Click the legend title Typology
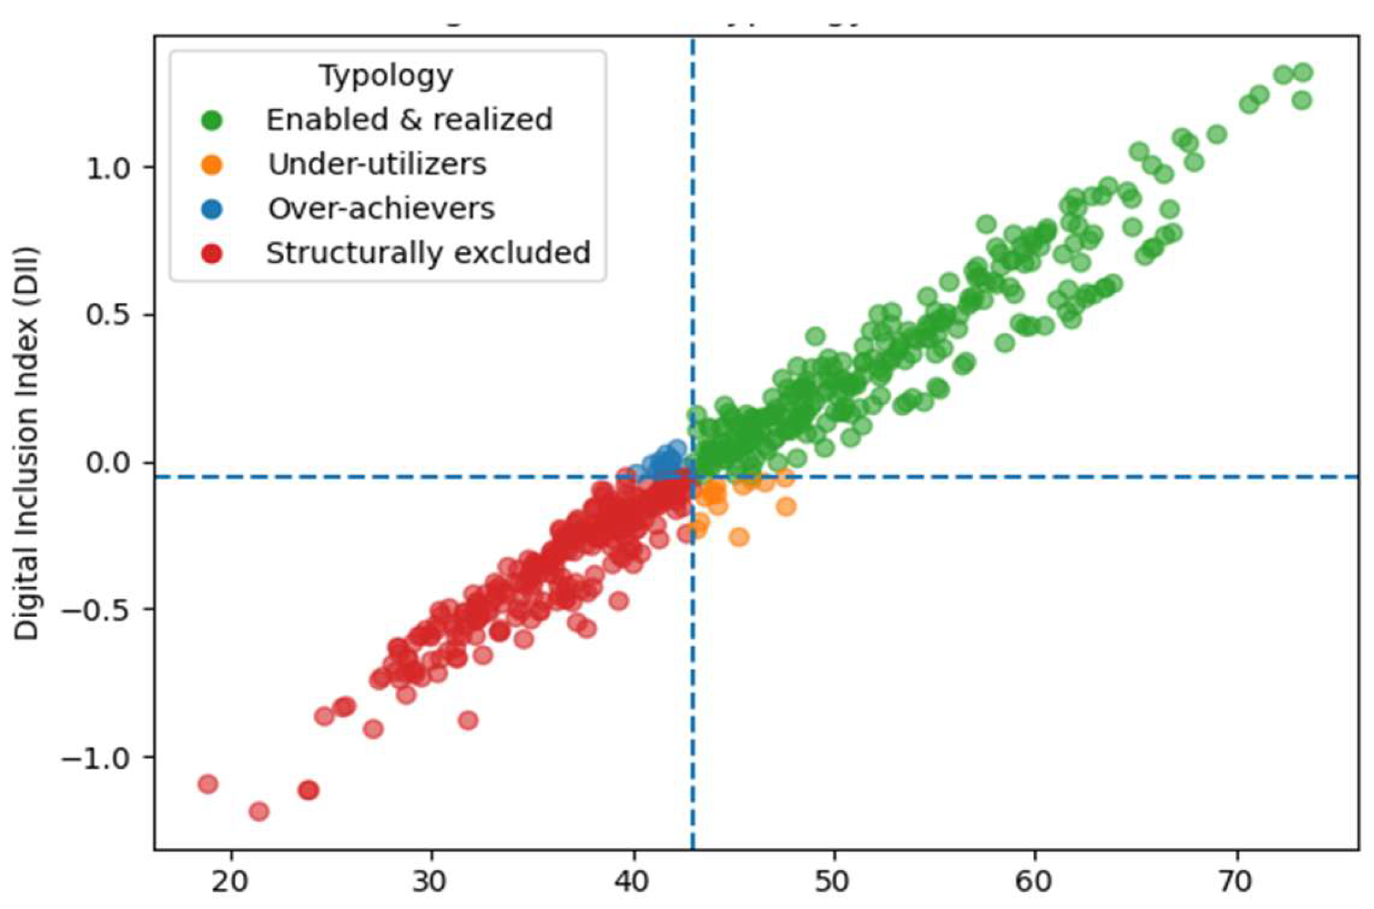pyautogui.click(x=386, y=76)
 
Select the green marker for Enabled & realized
pyautogui.click(x=212, y=120)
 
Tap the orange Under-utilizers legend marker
pyautogui.click(x=212, y=165)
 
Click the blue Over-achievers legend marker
pyautogui.click(x=212, y=209)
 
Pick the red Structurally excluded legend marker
pyautogui.click(x=212, y=254)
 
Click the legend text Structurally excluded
pyautogui.click(x=427, y=253)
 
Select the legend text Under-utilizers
pyautogui.click(x=377, y=165)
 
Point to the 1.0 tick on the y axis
pyautogui.click(x=109, y=168)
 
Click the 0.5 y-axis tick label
pyautogui.click(x=109, y=316)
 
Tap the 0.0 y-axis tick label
pyautogui.click(x=109, y=463)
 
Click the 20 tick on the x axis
pyautogui.click(x=230, y=882)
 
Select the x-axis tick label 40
pyautogui.click(x=633, y=882)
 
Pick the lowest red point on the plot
pyautogui.click(x=259, y=812)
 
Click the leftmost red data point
pyautogui.click(x=208, y=784)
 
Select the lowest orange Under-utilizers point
pyautogui.click(x=739, y=536)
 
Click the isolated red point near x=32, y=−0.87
pyautogui.click(x=468, y=720)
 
